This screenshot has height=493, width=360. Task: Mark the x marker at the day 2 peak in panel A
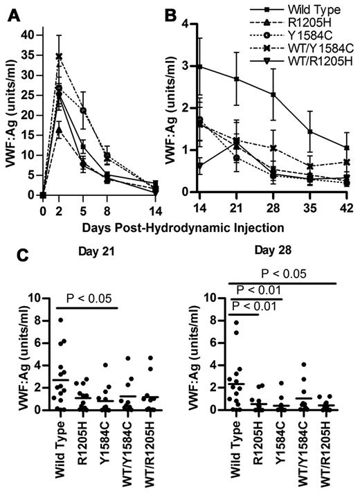(60, 57)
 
